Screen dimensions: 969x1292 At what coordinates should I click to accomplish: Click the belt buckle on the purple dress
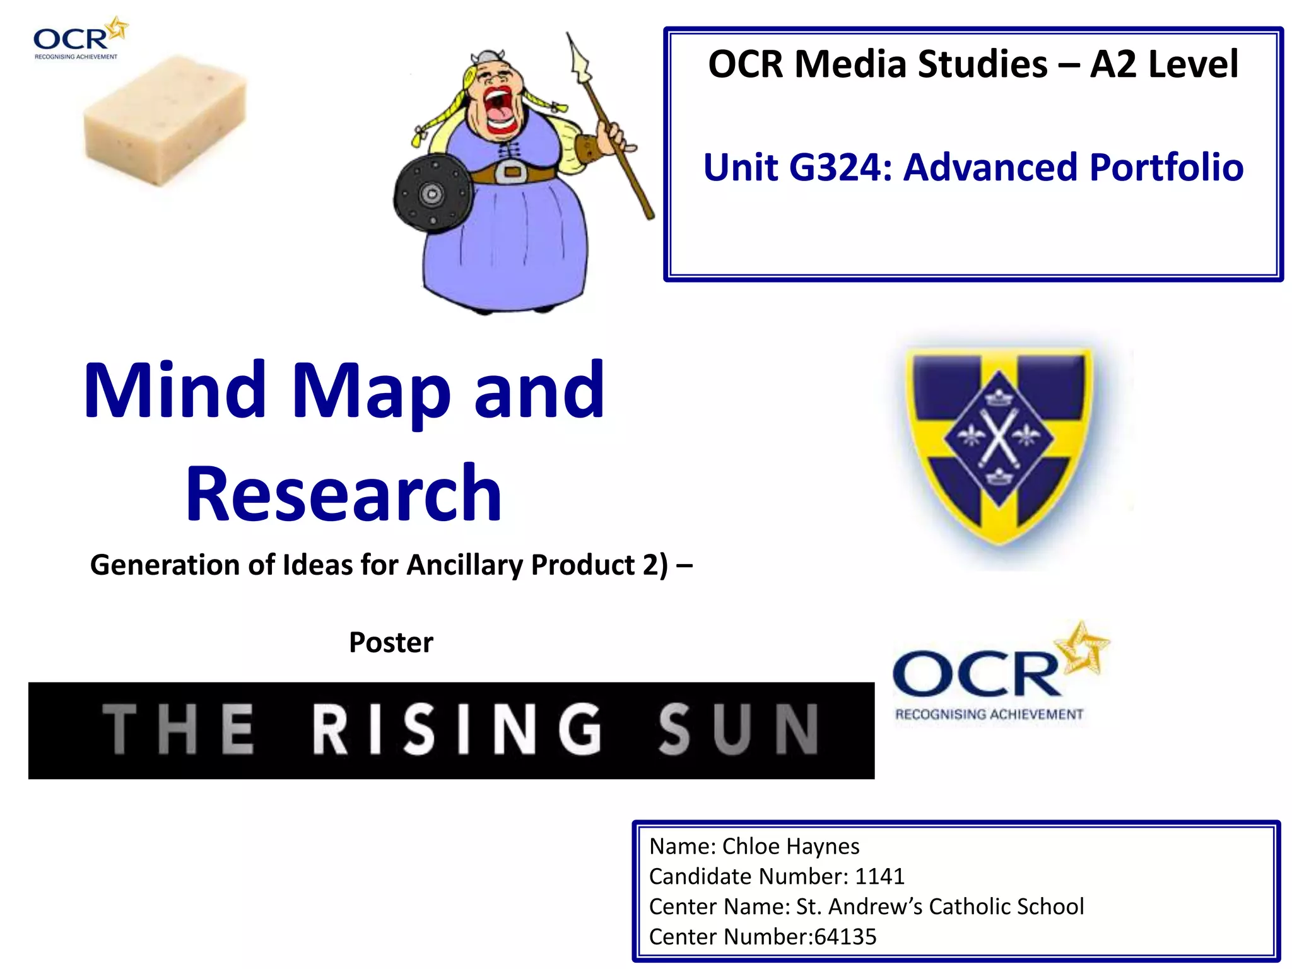pyautogui.click(x=512, y=172)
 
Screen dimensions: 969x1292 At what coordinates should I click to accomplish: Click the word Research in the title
pyautogui.click(x=344, y=493)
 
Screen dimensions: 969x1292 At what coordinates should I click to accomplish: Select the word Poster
pyautogui.click(x=391, y=643)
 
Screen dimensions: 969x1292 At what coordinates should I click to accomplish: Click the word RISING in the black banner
pyautogui.click(x=457, y=730)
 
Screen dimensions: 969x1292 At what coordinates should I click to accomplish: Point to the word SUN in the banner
pyautogui.click(x=738, y=730)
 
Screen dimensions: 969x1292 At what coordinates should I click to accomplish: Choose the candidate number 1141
pyautogui.click(x=879, y=876)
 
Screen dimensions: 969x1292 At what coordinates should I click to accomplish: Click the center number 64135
pyautogui.click(x=845, y=937)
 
